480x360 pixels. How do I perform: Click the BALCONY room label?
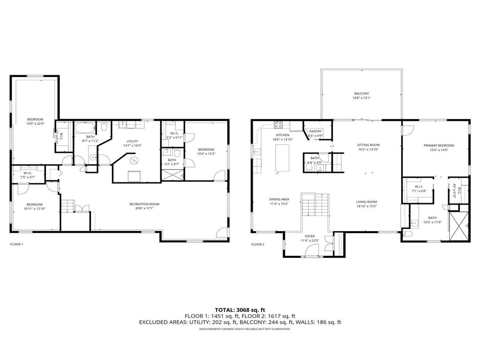tap(361, 93)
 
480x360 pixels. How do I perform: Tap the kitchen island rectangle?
tap(283, 159)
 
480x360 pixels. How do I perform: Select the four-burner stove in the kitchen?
tap(278, 125)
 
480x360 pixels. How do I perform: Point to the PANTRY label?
tap(315, 131)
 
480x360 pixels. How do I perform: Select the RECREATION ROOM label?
tap(144, 204)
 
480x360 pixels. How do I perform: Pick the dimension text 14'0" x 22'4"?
tap(35, 124)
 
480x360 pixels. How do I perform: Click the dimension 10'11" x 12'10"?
tap(35, 209)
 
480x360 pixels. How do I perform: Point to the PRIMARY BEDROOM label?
tap(439, 145)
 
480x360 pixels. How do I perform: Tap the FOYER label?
tap(310, 236)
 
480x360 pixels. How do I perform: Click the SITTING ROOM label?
tap(368, 145)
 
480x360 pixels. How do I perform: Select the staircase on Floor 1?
tap(68, 206)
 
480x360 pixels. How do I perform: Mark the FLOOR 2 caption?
tap(258, 244)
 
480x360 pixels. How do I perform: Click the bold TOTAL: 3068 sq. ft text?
tap(240, 309)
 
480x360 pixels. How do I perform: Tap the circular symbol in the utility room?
tap(134, 160)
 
